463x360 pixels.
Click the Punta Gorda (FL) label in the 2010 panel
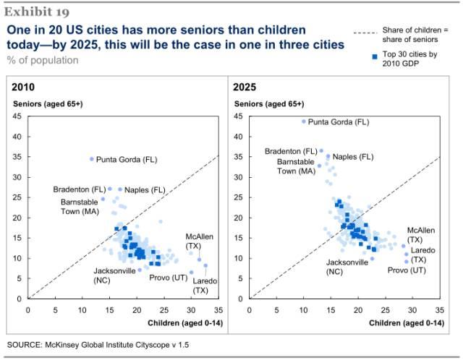(127, 159)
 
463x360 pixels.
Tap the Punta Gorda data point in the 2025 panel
(304, 121)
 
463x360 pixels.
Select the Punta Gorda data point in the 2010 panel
(92, 159)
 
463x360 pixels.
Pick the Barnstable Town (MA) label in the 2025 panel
(297, 167)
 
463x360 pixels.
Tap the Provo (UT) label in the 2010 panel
(169, 278)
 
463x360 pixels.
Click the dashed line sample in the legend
(369, 33)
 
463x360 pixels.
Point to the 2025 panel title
(244, 87)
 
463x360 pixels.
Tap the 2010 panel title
(22, 87)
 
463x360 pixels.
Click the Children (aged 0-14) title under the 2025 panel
(404, 322)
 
